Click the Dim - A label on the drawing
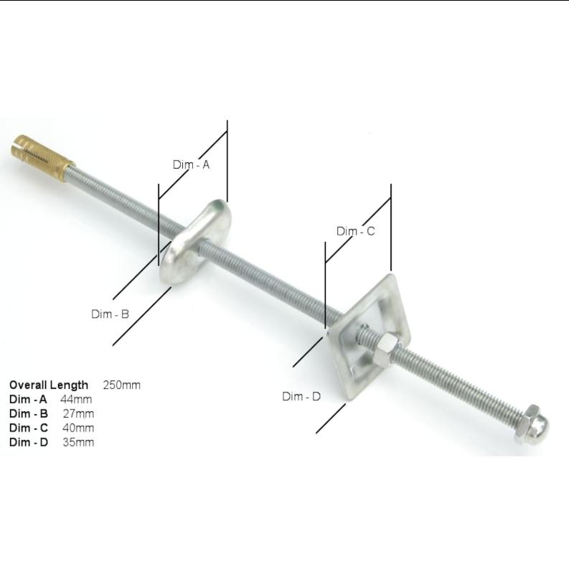pyautogui.click(x=191, y=164)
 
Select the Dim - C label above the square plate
pyautogui.click(x=355, y=231)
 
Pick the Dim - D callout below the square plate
pyautogui.click(x=301, y=396)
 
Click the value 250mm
pyautogui.click(x=122, y=385)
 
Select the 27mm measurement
pyautogui.click(x=78, y=413)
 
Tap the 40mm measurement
pyautogui.click(x=78, y=428)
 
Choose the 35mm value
pyautogui.click(x=78, y=442)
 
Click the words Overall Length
pyautogui.click(x=49, y=385)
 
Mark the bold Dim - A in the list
pyautogui.click(x=28, y=399)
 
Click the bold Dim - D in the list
pyautogui.click(x=29, y=442)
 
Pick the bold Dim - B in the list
pyautogui.click(x=29, y=413)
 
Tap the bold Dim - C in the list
pyautogui.click(x=29, y=428)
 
